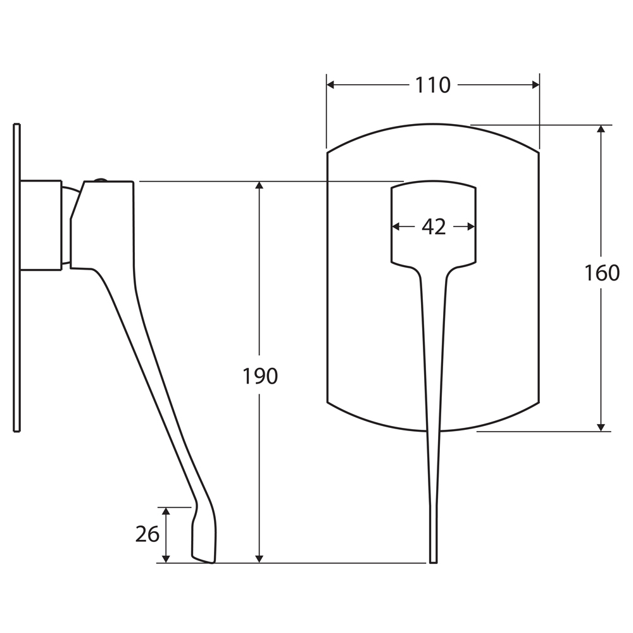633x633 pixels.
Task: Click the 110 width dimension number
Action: click(x=432, y=85)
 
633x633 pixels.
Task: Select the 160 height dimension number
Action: click(x=602, y=273)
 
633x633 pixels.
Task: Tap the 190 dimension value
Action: click(x=260, y=376)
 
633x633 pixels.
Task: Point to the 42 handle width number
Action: click(x=434, y=227)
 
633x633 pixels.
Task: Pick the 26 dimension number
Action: click(x=147, y=534)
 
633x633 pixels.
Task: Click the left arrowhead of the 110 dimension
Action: click(x=330, y=85)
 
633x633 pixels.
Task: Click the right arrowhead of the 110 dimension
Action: click(x=536, y=85)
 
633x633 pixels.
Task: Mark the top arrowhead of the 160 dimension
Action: click(x=601, y=128)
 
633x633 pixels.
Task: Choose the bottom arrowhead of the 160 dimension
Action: click(x=601, y=427)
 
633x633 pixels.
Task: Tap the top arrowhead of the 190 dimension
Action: click(x=260, y=185)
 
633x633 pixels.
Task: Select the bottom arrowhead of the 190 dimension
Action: click(x=260, y=559)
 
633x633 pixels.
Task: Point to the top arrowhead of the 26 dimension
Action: click(x=166, y=511)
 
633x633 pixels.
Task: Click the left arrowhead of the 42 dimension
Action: click(x=396, y=227)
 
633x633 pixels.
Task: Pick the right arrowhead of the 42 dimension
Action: click(x=471, y=227)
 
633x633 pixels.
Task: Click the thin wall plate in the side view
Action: click(x=16, y=278)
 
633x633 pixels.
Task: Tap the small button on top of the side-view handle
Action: click(x=101, y=180)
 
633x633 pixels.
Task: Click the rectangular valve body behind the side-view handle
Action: click(x=41, y=225)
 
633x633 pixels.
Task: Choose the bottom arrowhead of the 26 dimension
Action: click(x=166, y=559)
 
